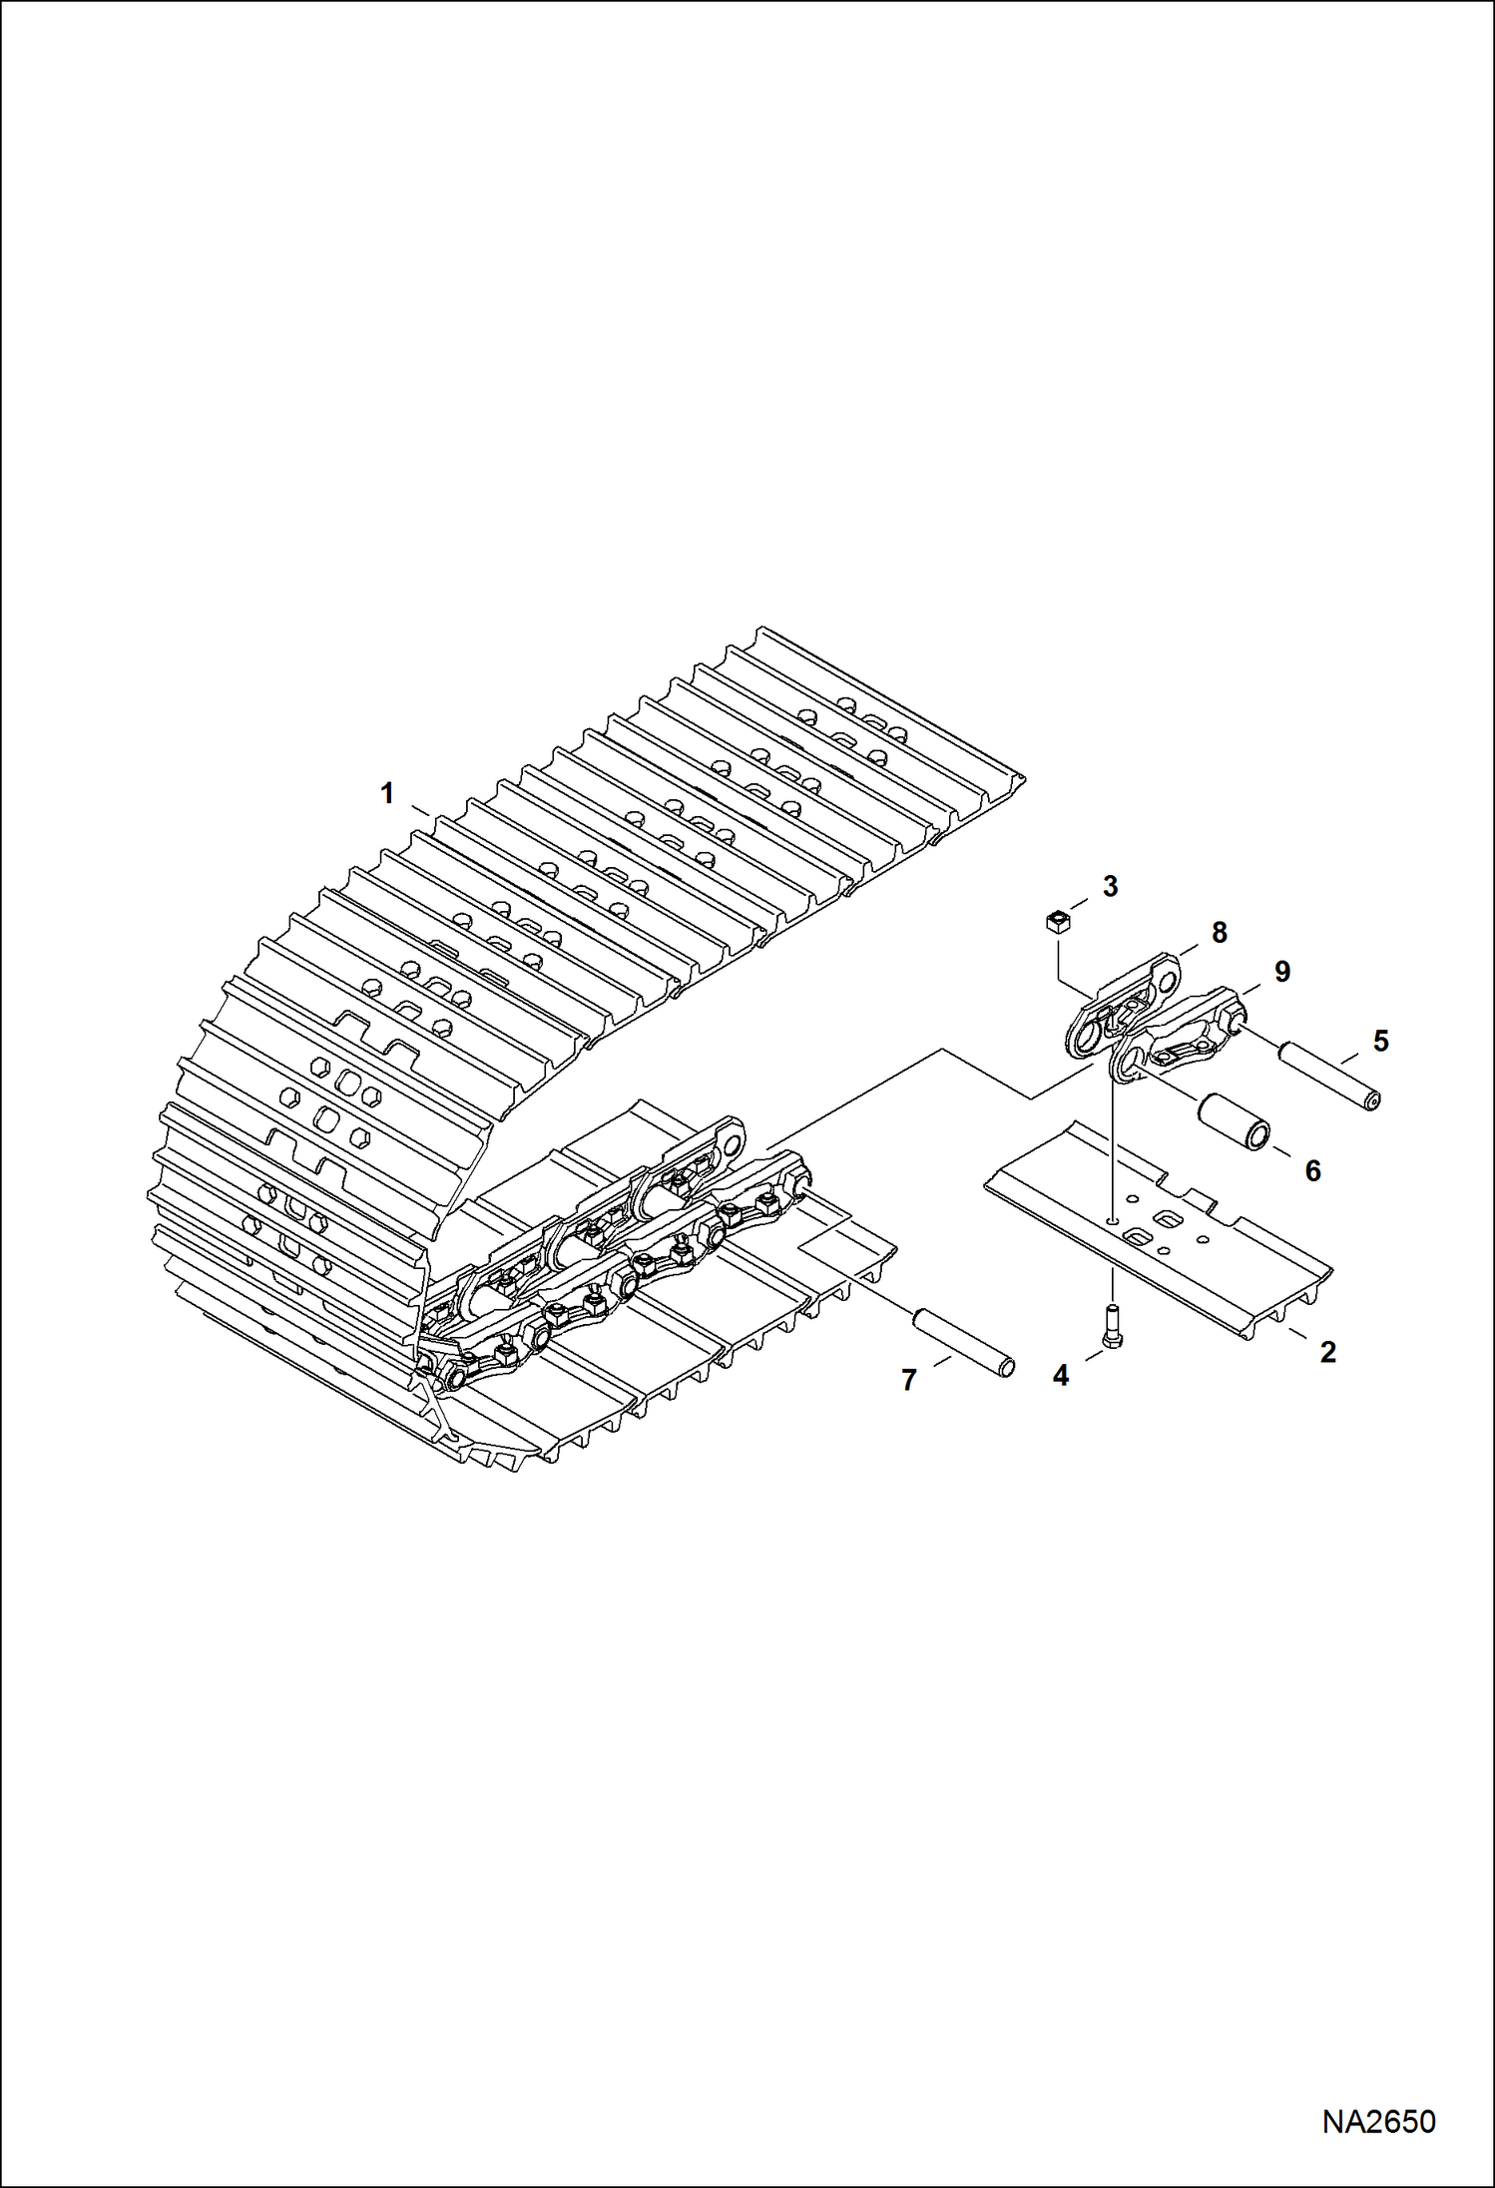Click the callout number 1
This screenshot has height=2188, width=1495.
[x=387, y=794]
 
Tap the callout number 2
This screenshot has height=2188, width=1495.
[x=1327, y=1353]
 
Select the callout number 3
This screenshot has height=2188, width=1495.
[x=1110, y=885]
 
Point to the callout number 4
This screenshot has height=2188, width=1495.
[x=1060, y=1376]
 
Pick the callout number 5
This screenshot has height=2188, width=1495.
[x=1380, y=1041]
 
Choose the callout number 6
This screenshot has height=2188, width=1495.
[x=1313, y=1170]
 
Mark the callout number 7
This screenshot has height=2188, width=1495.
[x=908, y=1381]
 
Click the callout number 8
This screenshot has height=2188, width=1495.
[x=1219, y=932]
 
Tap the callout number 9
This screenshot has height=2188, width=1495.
[x=1281, y=971]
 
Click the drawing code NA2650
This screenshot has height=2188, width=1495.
[x=1378, y=2121]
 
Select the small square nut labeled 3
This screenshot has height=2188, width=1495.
[x=1057, y=921]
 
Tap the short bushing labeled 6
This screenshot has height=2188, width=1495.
[x=1234, y=1120]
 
